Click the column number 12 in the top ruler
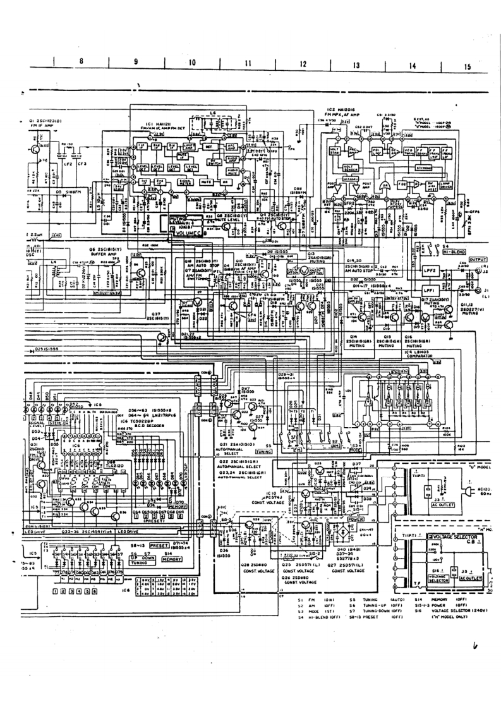tap(303, 64)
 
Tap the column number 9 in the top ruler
tap(135, 64)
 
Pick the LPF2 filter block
tap(433, 270)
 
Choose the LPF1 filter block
tap(433, 288)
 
